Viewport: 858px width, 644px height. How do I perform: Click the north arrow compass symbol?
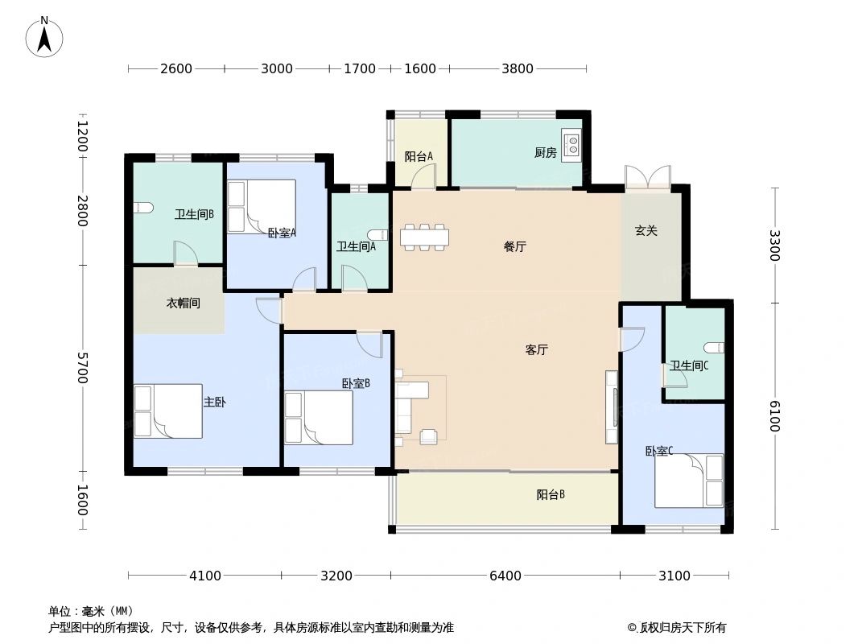(x=44, y=36)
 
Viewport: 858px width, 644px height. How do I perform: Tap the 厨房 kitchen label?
(x=545, y=153)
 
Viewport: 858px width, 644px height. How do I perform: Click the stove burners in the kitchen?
(x=571, y=145)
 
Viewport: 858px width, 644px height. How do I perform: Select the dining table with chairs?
(x=423, y=237)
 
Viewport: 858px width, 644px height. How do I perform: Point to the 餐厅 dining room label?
(x=514, y=247)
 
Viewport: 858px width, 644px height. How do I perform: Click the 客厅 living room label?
(x=536, y=350)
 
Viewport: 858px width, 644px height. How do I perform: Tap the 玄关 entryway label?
(x=646, y=231)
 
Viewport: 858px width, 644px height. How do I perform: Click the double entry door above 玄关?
(x=647, y=178)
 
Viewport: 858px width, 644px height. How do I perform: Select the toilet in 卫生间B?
(x=142, y=208)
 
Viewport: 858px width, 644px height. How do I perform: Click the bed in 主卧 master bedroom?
(x=168, y=411)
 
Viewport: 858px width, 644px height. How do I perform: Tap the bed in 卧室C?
(x=689, y=481)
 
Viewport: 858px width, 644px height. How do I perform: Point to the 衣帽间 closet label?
(x=183, y=303)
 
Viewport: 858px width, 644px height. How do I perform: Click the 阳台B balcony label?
(x=551, y=495)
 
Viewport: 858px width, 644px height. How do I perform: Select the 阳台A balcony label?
(x=419, y=157)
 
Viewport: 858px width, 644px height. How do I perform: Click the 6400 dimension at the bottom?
(x=505, y=576)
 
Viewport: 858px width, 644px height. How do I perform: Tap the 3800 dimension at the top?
(x=518, y=69)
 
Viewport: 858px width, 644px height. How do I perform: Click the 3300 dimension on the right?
(x=774, y=245)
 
